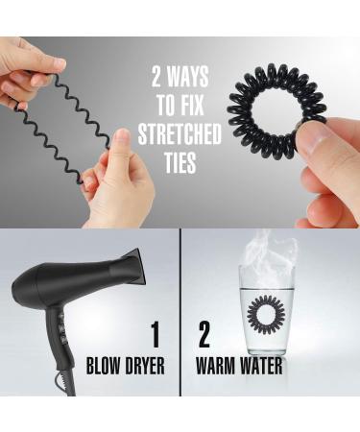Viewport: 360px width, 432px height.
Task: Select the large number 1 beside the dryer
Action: point(155,335)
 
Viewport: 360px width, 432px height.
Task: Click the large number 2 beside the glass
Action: point(203,335)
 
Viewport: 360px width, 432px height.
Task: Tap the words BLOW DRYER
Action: point(126,366)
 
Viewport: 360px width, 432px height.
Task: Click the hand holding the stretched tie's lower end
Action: point(120,187)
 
